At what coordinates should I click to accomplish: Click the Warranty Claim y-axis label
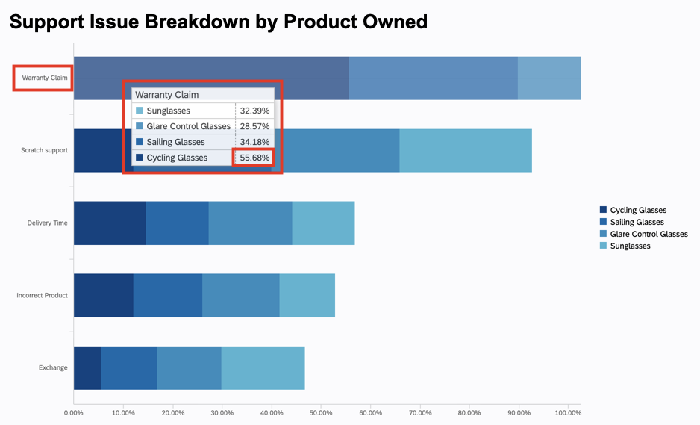(x=43, y=78)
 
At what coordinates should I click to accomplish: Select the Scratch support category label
(x=44, y=150)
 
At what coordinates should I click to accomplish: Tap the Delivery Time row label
(x=47, y=223)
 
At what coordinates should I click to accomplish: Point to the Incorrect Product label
(x=42, y=295)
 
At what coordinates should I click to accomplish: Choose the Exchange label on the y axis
(x=53, y=367)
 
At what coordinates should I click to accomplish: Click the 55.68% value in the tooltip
(x=254, y=158)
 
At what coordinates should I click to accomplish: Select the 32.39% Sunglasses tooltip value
(x=254, y=111)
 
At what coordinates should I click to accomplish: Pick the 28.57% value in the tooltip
(x=254, y=126)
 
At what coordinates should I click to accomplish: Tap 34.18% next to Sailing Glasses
(x=254, y=142)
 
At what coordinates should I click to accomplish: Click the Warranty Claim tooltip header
(x=166, y=95)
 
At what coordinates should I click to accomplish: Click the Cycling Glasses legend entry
(x=637, y=211)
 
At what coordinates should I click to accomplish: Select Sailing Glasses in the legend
(x=636, y=222)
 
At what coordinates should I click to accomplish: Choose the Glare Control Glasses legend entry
(x=648, y=234)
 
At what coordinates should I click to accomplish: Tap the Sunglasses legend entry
(x=629, y=246)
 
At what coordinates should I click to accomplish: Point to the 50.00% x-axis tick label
(x=321, y=412)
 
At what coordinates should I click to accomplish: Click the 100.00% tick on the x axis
(x=568, y=412)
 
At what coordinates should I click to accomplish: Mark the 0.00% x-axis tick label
(x=73, y=412)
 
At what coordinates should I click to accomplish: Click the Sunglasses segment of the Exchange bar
(x=263, y=367)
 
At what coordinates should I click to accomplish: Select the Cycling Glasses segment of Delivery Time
(x=110, y=223)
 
